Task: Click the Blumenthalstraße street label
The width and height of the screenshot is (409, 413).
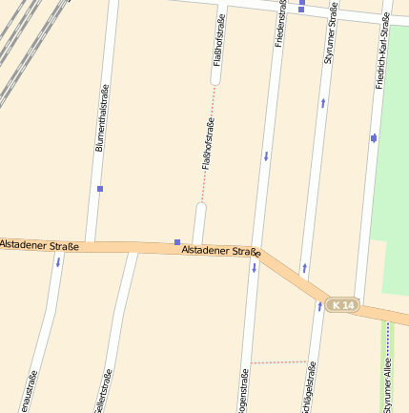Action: (x=100, y=117)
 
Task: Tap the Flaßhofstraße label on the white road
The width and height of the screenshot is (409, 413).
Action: (x=220, y=41)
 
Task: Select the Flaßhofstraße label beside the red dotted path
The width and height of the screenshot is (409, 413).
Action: (x=207, y=143)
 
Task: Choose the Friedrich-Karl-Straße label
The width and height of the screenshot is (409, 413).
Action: (x=382, y=52)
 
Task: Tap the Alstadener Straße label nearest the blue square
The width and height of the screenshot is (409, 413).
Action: (x=220, y=251)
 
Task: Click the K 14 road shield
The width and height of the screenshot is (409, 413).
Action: (x=340, y=305)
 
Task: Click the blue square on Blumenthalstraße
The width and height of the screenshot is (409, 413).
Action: (x=99, y=189)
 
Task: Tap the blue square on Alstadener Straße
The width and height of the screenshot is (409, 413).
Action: (x=176, y=241)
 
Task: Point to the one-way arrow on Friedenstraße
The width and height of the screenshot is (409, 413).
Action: (x=266, y=155)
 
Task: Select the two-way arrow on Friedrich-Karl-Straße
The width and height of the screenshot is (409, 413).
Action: (x=373, y=138)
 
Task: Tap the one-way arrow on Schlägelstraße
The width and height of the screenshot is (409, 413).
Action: (x=319, y=306)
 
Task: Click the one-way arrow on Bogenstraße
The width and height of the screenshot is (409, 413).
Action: (x=255, y=268)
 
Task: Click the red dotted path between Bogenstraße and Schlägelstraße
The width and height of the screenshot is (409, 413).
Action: (x=278, y=363)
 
